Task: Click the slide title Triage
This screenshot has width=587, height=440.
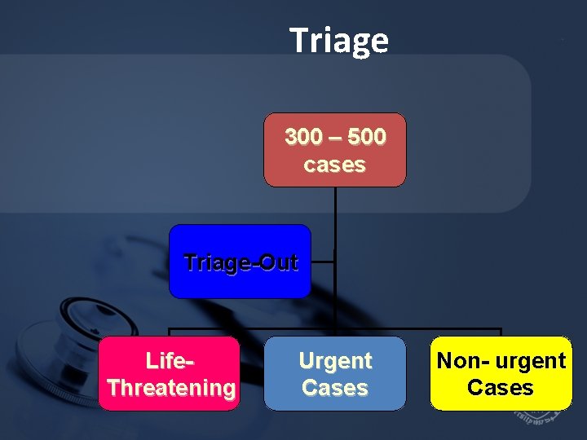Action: pos(339,40)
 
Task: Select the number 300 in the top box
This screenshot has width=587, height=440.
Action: pos(303,137)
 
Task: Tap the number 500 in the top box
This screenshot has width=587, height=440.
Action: pos(367,137)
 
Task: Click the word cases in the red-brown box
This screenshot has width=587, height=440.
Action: pos(334,165)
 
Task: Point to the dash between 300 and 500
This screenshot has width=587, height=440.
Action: pos(335,138)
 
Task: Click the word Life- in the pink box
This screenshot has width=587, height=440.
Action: pos(170,360)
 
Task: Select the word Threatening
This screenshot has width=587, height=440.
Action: pos(170,388)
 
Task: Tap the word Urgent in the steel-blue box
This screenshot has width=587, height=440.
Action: pos(335,360)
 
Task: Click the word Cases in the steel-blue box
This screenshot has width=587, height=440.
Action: pos(335,388)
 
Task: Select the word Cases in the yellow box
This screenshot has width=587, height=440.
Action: pos(501,388)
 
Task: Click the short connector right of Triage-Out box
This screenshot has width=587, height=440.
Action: pos(323,262)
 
